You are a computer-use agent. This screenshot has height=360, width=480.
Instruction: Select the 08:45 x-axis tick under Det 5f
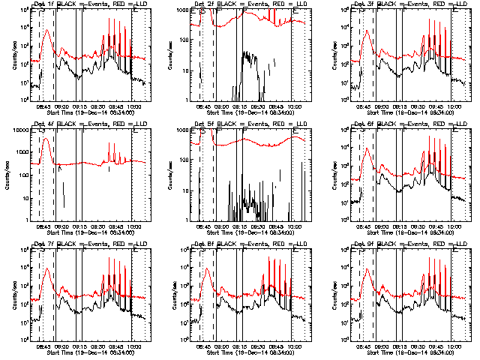click(x=203, y=225)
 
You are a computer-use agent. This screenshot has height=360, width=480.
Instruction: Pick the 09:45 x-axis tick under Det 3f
click(x=435, y=106)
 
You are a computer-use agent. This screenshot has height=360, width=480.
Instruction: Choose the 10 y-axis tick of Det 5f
click(x=189, y=190)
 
